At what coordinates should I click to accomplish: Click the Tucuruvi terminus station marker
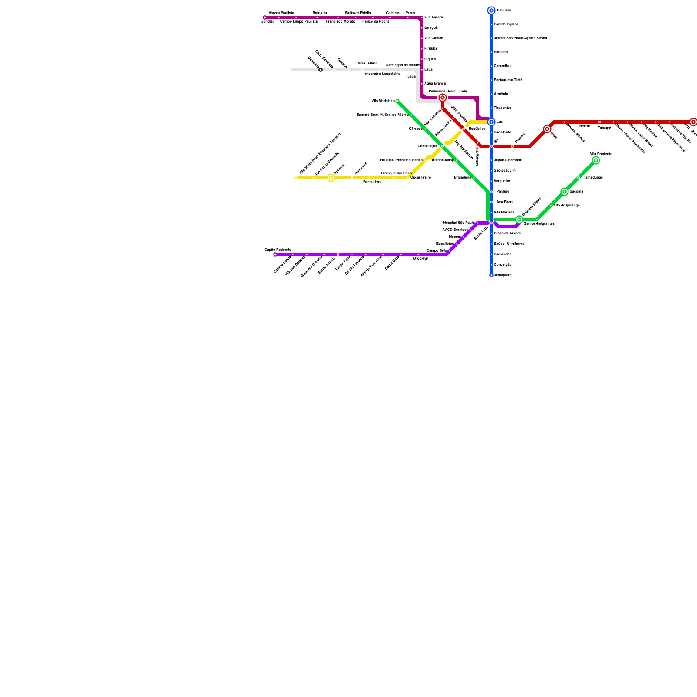tap(491, 10)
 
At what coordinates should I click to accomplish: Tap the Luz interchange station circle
tap(491, 122)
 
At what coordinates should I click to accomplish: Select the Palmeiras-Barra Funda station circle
tap(443, 98)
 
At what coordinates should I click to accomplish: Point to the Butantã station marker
tap(331, 178)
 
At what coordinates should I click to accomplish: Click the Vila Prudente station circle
tap(596, 160)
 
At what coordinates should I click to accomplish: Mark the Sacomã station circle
tap(565, 192)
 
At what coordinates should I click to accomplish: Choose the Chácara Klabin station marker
tap(519, 220)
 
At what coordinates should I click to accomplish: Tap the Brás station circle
tap(547, 129)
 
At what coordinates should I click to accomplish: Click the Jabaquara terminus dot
tap(491, 275)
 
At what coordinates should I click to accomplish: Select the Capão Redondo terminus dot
tap(275, 254)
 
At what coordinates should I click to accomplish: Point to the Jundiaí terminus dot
tap(265, 17)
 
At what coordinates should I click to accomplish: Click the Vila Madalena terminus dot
tap(397, 101)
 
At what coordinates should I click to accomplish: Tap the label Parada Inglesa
tap(506, 24)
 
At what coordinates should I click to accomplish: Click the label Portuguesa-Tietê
tap(508, 80)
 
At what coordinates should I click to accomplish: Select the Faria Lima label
tap(372, 182)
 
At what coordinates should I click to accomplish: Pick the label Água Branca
tap(435, 83)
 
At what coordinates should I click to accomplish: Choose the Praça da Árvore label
tap(507, 233)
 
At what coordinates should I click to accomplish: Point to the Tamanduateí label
tap(593, 178)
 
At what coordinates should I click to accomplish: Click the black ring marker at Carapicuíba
tap(321, 70)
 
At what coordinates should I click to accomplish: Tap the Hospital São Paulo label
tap(459, 223)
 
